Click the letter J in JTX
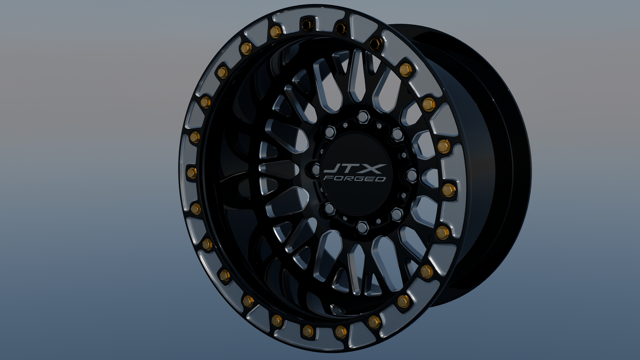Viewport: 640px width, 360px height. [331, 168]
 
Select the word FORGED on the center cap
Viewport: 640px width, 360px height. [355, 178]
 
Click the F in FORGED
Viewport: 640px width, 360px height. [327, 178]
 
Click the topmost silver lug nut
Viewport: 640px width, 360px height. [363, 117]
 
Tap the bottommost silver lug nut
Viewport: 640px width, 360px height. [362, 227]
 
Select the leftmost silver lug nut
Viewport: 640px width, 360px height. [316, 169]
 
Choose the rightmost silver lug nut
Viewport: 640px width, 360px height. [411, 175]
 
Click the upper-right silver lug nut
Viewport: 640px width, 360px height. [397, 134]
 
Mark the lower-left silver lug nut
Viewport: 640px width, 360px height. [329, 209]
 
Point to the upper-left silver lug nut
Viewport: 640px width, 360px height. [330, 132]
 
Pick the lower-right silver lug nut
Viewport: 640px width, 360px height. [396, 215]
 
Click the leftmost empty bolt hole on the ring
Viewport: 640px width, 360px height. [307, 25]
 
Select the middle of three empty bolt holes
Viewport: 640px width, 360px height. [341, 29]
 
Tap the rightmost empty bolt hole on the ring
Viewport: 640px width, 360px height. [376, 43]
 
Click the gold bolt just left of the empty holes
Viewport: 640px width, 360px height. [275, 31]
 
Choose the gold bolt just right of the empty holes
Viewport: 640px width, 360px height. [405, 70]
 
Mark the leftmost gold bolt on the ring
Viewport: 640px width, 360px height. [191, 173]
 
